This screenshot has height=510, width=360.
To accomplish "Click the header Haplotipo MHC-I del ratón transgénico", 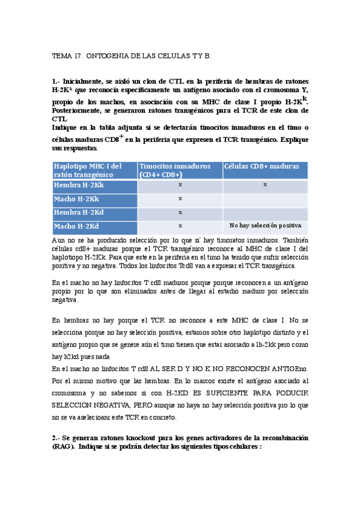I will tap(88, 170).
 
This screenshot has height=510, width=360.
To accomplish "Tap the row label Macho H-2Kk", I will tap(76, 198).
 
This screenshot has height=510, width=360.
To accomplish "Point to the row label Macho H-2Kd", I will tap(76, 226).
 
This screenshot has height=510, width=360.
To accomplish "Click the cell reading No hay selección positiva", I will tap(265, 226).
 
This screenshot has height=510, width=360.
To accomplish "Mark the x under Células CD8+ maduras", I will tap(265, 185).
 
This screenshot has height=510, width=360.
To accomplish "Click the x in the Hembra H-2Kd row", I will tap(180, 212).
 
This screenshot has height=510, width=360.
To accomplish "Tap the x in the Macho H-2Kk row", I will tap(180, 198).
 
